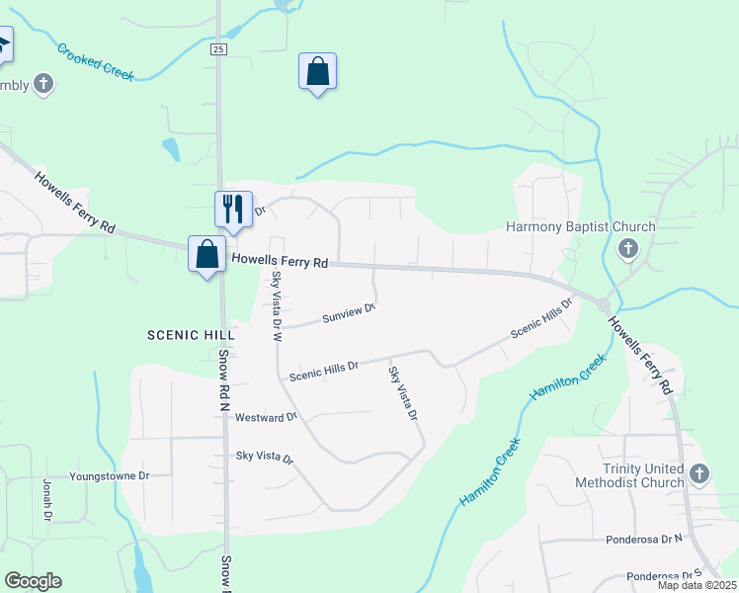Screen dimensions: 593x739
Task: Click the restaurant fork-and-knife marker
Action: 233,209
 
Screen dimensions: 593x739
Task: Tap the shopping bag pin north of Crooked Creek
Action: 317,71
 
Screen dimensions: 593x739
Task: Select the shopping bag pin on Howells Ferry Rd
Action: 206,254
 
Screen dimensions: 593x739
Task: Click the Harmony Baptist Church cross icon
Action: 627,248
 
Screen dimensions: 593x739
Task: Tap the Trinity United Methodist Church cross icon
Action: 699,473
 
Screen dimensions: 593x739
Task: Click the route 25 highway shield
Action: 218,48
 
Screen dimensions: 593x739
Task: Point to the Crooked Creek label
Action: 96,61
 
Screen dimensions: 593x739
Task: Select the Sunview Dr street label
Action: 350,313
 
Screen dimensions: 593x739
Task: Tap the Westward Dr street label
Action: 266,417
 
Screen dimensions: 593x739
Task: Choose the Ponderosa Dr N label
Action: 645,540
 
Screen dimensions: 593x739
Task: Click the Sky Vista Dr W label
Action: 277,305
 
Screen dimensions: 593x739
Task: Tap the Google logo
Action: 33,581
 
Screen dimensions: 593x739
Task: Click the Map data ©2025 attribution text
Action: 697,585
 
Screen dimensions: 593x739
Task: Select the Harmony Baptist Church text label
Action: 580,226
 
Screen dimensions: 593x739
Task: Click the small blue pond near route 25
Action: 171,148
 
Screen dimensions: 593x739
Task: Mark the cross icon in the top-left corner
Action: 43,84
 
